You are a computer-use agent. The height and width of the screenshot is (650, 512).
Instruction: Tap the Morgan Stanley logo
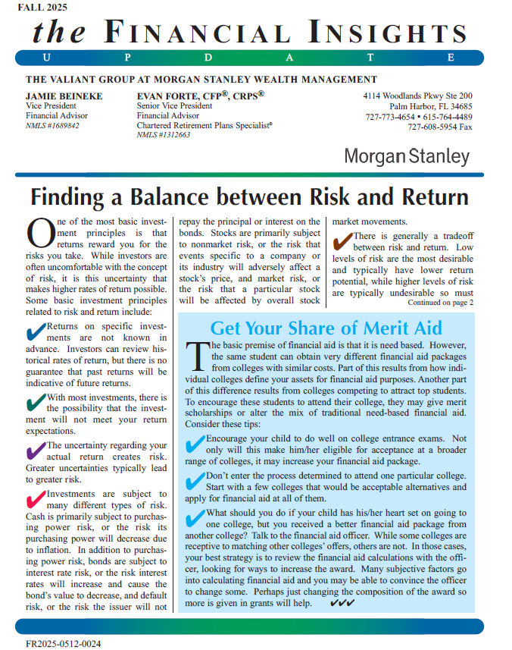(407, 157)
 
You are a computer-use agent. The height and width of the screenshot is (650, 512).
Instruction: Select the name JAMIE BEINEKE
(64, 96)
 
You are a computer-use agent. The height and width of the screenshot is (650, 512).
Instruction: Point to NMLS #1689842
(52, 126)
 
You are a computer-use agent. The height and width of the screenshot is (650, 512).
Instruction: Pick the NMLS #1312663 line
(163, 135)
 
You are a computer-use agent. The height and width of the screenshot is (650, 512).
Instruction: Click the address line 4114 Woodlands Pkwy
(417, 96)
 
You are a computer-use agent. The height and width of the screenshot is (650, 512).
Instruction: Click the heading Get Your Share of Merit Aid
(326, 328)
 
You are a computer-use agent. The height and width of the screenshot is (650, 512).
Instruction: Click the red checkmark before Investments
(36, 499)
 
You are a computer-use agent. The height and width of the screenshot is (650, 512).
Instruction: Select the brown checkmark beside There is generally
(342, 240)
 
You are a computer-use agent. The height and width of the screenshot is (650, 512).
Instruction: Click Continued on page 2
(440, 303)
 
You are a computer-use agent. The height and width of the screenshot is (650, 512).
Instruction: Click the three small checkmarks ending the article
(343, 604)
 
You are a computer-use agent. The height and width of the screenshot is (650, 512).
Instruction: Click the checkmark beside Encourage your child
(195, 443)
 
